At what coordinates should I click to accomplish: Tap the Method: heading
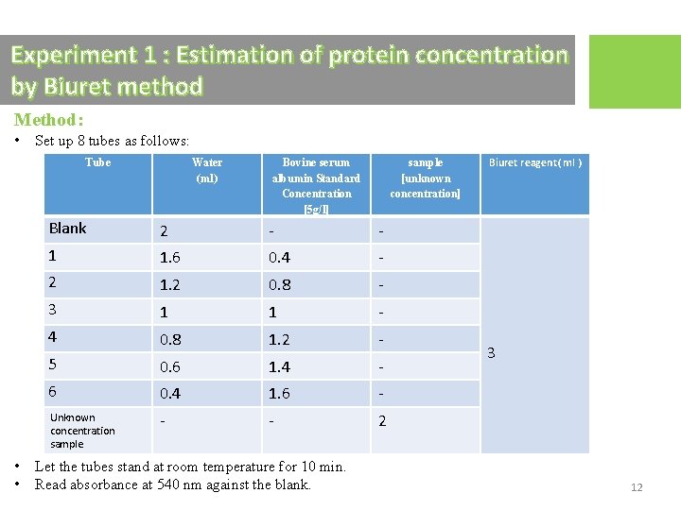[49, 120]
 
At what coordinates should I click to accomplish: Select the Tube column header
[97, 162]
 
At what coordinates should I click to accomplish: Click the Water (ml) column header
[206, 170]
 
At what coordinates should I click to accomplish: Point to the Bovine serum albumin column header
[316, 185]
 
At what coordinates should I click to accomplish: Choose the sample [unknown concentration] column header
[425, 178]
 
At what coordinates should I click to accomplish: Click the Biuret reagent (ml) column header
[534, 162]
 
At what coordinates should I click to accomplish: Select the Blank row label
[67, 229]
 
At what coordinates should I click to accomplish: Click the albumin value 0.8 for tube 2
[279, 284]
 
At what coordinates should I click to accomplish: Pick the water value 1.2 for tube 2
[171, 284]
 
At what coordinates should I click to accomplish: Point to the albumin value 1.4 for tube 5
[279, 366]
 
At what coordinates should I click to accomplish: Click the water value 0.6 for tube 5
[171, 366]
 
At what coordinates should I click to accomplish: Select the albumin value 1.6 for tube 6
[279, 394]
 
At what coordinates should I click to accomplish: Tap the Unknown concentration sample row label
[82, 431]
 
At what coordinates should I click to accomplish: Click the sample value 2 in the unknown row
[382, 421]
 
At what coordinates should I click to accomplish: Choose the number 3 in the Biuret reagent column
[490, 353]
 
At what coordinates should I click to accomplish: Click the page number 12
[637, 487]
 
